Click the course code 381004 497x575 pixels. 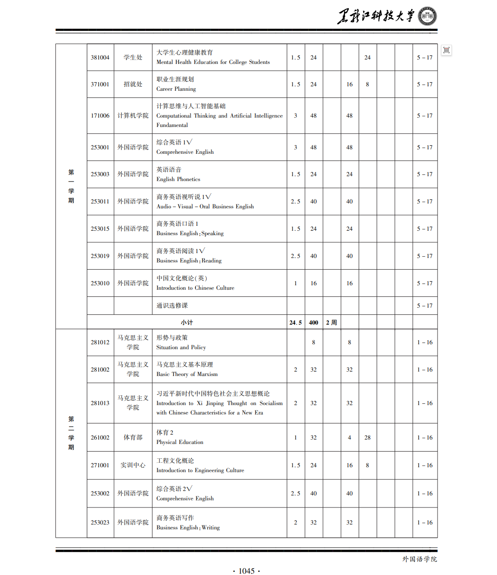click(100, 58)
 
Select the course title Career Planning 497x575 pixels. click(176, 85)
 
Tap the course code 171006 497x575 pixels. click(100, 116)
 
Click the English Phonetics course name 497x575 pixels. click(178, 174)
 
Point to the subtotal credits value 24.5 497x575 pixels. click(295, 322)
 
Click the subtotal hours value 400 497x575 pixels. click(314, 322)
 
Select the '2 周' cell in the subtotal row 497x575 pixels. click(331, 322)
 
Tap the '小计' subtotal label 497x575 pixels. click(187, 322)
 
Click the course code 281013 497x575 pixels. click(100, 403)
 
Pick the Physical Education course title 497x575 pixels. click(179, 438)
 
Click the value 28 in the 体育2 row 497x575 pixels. click(367, 438)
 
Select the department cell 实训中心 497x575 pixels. click(133, 465)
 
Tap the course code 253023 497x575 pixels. click(100, 523)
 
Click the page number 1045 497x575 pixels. click(246, 571)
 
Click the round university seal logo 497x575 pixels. click(427, 17)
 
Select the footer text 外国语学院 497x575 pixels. click(419, 559)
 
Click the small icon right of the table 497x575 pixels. click(446, 50)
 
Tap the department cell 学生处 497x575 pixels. click(133, 58)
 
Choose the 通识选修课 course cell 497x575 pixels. click(172, 306)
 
